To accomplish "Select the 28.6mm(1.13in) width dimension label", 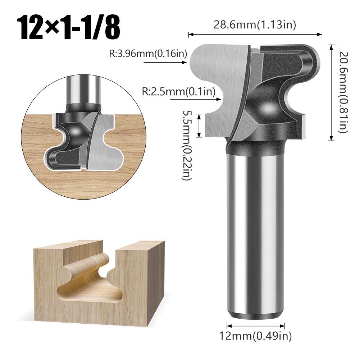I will [255, 25].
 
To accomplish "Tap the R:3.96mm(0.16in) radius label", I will [148, 54].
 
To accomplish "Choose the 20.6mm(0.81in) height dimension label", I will [343, 92].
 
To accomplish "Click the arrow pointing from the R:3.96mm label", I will [165, 63].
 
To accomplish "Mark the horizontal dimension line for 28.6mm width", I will [255, 35].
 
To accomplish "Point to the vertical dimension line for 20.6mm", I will [331, 92].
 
